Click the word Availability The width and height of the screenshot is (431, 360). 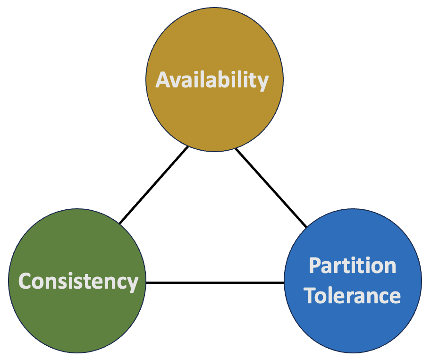[x=212, y=80]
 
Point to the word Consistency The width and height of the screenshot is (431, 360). [x=78, y=282]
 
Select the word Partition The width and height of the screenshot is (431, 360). [x=353, y=266]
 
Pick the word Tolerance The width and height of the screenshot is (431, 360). [x=352, y=296]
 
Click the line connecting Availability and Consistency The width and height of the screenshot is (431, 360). [x=154, y=185]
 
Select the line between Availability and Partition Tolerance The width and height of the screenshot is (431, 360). [x=271, y=187]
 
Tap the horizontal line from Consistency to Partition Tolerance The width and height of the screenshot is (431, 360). [x=215, y=283]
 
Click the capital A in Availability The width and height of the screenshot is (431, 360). [x=163, y=80]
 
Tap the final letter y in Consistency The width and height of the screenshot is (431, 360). [x=133, y=284]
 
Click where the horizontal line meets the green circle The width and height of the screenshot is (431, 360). [x=146, y=283]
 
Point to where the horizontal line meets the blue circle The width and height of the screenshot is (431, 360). [x=284, y=283]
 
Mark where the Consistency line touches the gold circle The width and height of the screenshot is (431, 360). [x=188, y=147]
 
